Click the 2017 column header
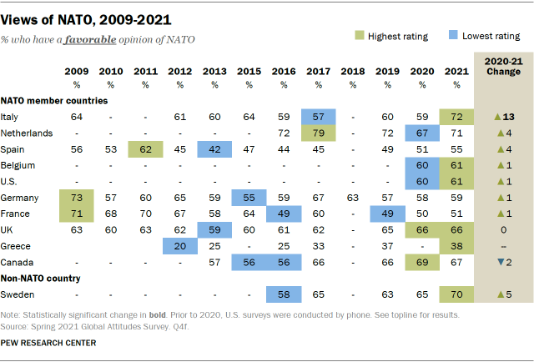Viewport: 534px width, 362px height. point(318,73)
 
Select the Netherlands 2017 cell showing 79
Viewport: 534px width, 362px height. point(318,132)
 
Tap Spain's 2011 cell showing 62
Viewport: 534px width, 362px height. point(145,149)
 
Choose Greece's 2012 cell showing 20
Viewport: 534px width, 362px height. point(179,246)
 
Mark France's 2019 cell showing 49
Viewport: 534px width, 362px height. point(386,214)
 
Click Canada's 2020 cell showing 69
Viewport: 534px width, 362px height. point(421,263)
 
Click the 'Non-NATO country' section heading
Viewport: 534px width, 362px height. point(40,278)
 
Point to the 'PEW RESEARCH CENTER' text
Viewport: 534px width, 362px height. point(48,343)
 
